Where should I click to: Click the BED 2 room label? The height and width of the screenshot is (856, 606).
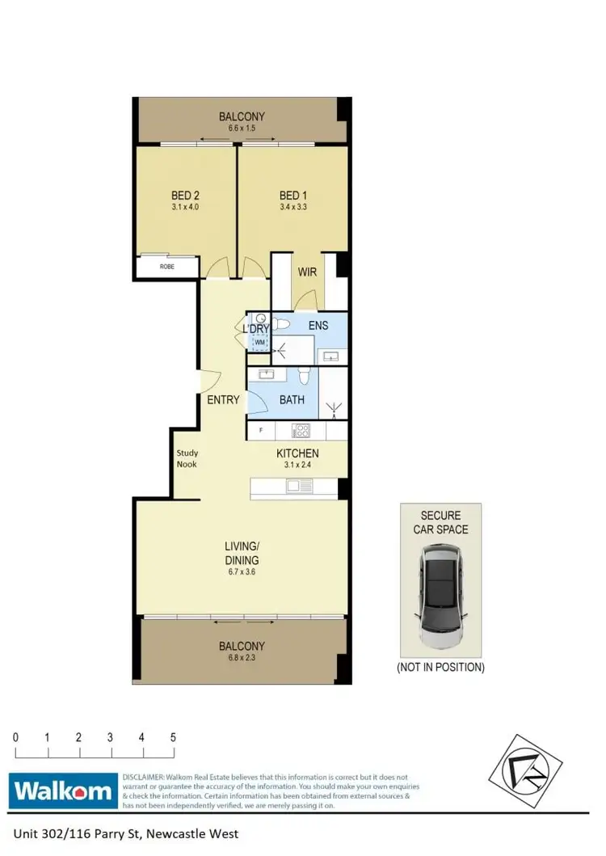tap(185, 196)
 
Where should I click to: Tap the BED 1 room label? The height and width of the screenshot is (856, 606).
tap(293, 196)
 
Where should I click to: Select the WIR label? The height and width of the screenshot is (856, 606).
tap(307, 272)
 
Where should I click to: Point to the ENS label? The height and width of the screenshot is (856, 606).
tap(318, 325)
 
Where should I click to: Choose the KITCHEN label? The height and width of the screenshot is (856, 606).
tap(297, 453)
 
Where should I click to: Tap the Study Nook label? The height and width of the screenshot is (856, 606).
tap(187, 458)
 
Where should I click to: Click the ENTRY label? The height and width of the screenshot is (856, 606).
tap(223, 399)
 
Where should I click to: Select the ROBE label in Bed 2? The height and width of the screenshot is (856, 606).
tap(167, 266)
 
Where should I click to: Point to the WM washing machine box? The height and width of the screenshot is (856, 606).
tap(260, 343)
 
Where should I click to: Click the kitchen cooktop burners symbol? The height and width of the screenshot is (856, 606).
tap(301, 430)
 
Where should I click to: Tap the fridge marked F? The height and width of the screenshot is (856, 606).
tap(261, 430)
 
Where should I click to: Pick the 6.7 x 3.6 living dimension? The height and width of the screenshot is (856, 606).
tap(242, 572)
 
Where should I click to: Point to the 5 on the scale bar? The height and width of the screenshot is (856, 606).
tap(173, 737)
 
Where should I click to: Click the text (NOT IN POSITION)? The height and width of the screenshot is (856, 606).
tap(440, 668)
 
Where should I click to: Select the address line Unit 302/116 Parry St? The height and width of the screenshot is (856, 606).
tap(125, 833)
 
